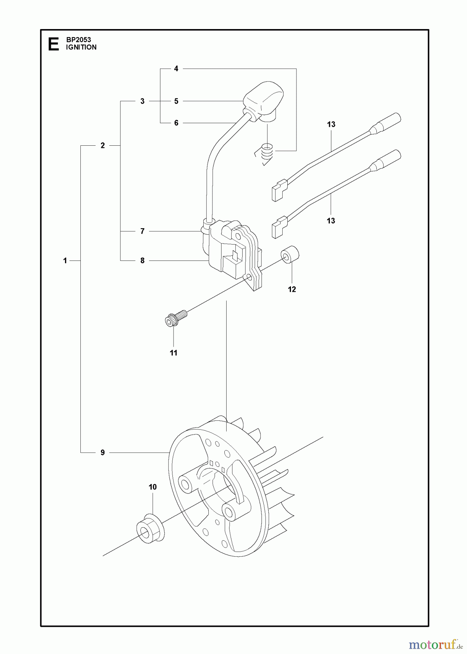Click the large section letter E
coord(53,44)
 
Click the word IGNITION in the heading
coord(81,47)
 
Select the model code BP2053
coord(79,40)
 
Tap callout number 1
coord(65,261)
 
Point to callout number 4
coord(176,69)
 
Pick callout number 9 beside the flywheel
coord(103,452)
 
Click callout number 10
coord(152,487)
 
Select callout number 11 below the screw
coord(173,353)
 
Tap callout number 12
coord(292,289)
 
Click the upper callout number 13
coord(331,124)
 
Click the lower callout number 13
coord(331,221)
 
